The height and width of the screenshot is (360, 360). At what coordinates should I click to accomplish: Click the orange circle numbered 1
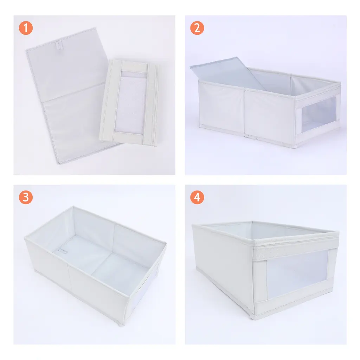tap(26, 28)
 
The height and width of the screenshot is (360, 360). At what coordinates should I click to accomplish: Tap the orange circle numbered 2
tap(197, 28)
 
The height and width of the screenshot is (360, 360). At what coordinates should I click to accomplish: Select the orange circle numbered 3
tap(26, 197)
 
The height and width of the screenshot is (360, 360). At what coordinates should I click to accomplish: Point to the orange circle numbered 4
tap(197, 197)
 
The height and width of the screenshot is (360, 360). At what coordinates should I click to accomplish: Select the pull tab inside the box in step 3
tap(62, 251)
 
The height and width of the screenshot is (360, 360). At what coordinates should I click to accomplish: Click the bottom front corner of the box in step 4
tap(253, 317)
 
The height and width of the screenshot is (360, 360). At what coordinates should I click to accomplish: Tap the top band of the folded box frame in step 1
tap(135, 67)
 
